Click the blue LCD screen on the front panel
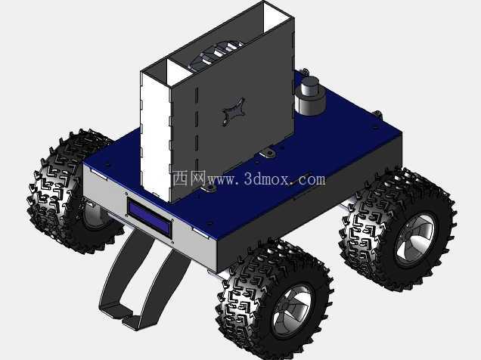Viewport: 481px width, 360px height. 150,216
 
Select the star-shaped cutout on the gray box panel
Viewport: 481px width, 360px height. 234,111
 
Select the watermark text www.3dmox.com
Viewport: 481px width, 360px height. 266,178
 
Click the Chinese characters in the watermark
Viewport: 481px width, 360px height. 188,178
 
